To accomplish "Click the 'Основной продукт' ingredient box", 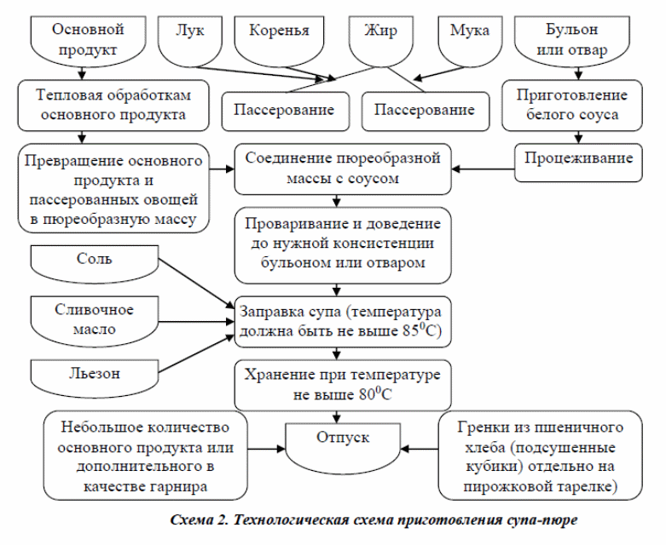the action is [89, 41].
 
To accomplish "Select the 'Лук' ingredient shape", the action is [190, 41].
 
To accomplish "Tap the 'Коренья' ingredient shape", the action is [279, 41].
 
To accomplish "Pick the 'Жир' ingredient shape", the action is [381, 41].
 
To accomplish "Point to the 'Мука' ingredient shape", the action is [470, 41].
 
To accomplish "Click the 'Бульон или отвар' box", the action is [572, 41].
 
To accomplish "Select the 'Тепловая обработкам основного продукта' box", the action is [113, 106].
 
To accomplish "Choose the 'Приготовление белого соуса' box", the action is [572, 106].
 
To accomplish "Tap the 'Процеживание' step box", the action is [578, 163].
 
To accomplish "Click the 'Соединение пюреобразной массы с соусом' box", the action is [343, 169].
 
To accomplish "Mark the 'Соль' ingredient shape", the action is [95, 264].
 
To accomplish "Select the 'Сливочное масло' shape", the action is [95, 321].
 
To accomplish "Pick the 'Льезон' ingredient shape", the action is [95, 378].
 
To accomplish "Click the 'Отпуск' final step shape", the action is [343, 444].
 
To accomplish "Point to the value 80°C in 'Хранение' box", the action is [375, 394].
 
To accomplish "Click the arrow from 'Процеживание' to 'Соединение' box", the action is [483, 169].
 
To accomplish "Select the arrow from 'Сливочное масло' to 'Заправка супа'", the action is [197, 322].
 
